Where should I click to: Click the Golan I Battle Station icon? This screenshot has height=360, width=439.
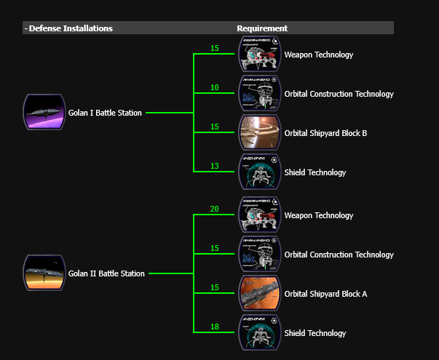point(44,113)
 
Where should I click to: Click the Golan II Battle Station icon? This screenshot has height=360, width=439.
point(44,273)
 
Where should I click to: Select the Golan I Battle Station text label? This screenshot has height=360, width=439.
point(106,113)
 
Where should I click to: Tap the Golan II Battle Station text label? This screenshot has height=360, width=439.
point(106,273)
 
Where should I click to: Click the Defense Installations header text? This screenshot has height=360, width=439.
point(71,28)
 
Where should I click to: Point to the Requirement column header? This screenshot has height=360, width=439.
point(262,28)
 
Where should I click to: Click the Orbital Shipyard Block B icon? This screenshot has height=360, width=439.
point(260,133)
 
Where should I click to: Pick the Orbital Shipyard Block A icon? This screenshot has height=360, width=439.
point(260,294)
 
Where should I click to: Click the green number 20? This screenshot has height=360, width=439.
point(214,209)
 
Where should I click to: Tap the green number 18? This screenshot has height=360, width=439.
point(214,327)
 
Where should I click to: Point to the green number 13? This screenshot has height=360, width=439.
point(214,167)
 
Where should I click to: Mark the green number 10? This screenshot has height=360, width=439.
point(214,88)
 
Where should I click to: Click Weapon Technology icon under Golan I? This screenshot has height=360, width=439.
point(260,55)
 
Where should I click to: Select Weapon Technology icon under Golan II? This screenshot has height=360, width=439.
point(260,215)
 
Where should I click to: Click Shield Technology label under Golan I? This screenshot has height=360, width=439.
point(315,172)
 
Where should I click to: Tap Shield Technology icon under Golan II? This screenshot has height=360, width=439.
point(260,333)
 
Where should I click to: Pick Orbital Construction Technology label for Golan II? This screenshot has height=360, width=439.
point(339,255)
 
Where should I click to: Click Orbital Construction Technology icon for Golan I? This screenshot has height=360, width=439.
point(260,94)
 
